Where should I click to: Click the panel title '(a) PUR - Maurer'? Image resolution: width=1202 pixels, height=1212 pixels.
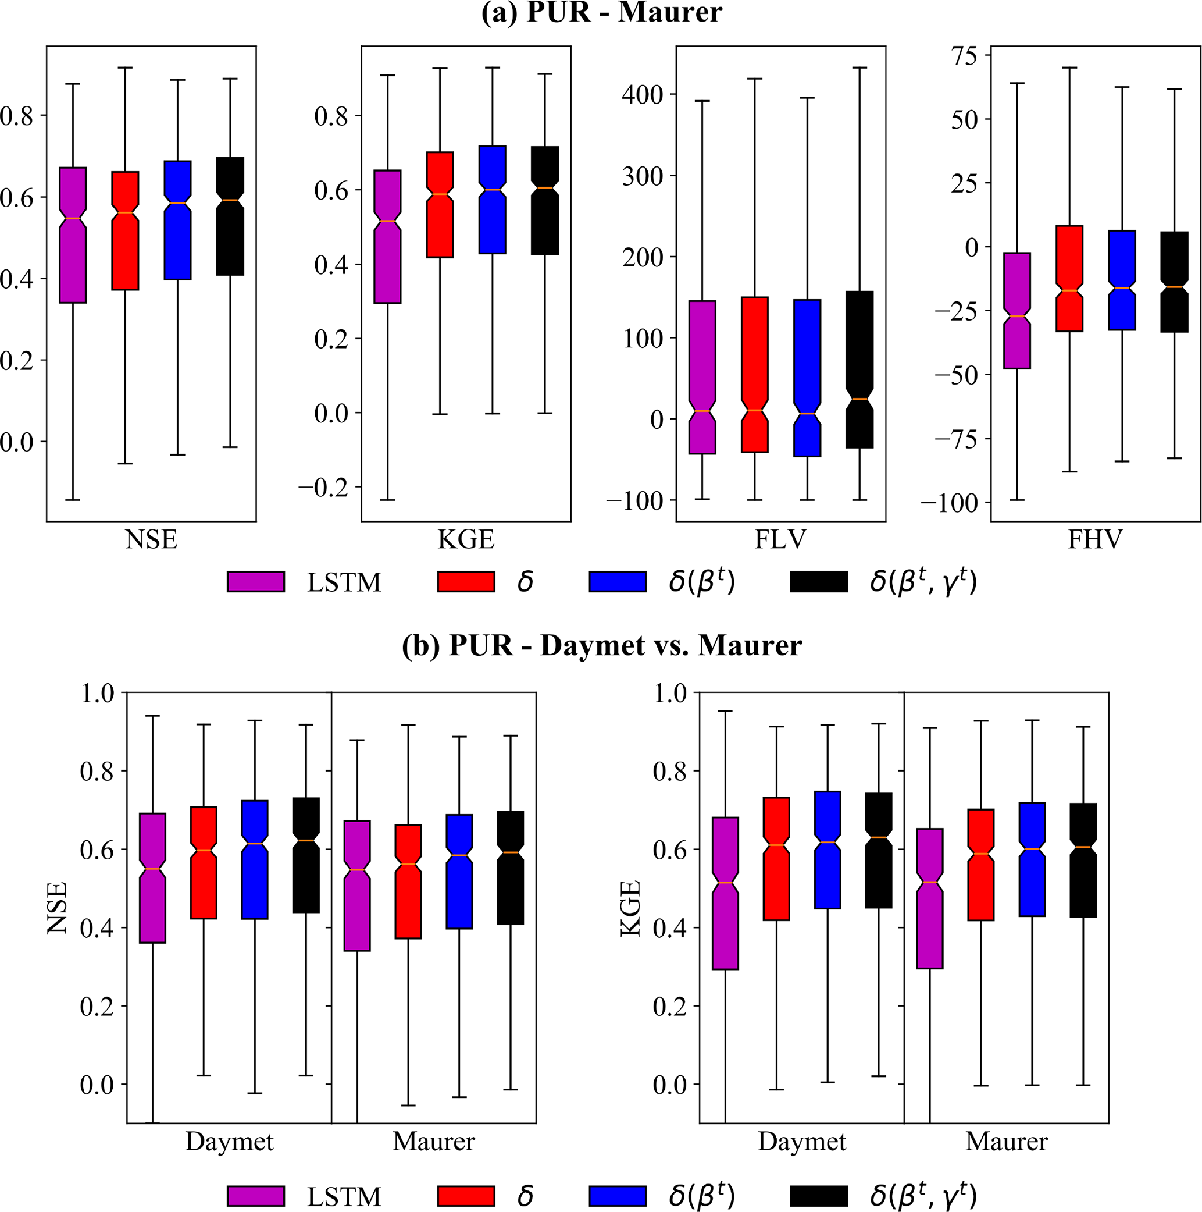(x=601, y=13)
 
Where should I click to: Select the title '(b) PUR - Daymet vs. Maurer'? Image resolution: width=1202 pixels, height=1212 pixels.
(x=601, y=645)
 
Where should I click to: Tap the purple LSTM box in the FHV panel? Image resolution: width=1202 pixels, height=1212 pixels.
(x=1016, y=311)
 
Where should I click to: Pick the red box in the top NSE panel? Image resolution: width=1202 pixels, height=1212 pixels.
(x=126, y=230)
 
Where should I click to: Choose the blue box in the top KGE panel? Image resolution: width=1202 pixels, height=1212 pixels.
(x=492, y=200)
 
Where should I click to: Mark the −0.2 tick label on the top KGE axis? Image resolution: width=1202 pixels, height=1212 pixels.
(x=322, y=488)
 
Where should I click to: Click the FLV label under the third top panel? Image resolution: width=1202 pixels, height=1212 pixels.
(x=780, y=539)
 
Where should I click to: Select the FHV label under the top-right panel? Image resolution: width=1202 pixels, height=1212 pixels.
(x=1095, y=539)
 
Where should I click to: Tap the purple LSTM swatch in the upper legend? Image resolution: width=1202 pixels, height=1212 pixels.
(x=256, y=581)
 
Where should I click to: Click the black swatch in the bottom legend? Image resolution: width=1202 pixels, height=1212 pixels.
(x=818, y=1196)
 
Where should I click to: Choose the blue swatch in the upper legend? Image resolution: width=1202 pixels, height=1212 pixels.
(x=617, y=581)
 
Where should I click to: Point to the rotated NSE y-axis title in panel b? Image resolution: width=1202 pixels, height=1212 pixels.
(x=57, y=908)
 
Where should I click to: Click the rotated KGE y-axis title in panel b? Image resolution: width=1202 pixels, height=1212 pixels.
(x=630, y=908)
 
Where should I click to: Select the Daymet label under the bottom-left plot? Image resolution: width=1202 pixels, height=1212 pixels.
(x=230, y=1142)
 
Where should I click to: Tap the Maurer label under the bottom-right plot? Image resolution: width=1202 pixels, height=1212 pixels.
(x=1006, y=1142)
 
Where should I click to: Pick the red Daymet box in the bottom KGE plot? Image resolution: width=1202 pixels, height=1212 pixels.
(x=776, y=858)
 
